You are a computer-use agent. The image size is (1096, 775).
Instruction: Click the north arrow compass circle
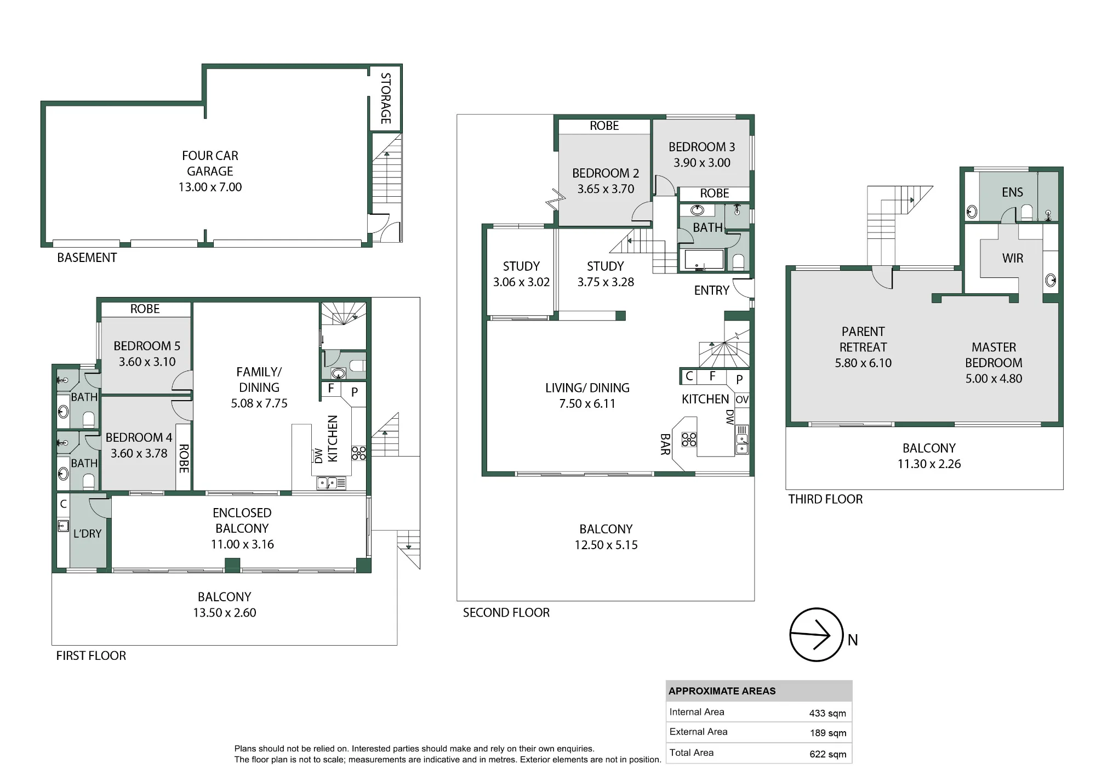coord(790,635)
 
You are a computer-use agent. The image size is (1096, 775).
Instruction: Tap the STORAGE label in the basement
coord(386,98)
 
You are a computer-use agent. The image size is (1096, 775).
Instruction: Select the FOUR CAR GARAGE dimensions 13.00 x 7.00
coord(210,187)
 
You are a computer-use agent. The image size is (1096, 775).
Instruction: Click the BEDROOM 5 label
coord(147,346)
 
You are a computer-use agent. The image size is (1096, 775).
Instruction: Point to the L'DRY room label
coord(88,533)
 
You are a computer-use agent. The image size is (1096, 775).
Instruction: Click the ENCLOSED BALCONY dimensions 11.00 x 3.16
coord(242,544)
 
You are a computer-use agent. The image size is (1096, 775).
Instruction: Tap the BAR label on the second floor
coord(665,445)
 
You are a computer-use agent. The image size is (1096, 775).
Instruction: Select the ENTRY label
coord(712,290)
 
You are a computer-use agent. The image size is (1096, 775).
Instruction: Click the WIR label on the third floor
coord(1013,258)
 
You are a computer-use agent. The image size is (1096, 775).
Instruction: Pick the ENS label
coord(1012,192)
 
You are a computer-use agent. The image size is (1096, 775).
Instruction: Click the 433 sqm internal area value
coord(827,713)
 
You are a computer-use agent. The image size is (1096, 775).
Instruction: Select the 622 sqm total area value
coord(828,754)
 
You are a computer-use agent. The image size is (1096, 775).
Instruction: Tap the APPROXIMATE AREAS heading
coord(722,691)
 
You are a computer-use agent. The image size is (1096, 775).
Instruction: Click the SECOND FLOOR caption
coord(506,613)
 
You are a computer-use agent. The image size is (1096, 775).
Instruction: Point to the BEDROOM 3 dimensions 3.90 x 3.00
coord(702,163)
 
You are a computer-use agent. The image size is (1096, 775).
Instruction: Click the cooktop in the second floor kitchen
coord(689,440)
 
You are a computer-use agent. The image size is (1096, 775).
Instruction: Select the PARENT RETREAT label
coord(863,339)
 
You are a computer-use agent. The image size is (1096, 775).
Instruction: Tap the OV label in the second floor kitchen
coord(742,400)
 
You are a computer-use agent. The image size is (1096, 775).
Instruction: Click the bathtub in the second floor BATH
coord(702,260)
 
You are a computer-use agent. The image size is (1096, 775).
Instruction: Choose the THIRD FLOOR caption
coord(825,499)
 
